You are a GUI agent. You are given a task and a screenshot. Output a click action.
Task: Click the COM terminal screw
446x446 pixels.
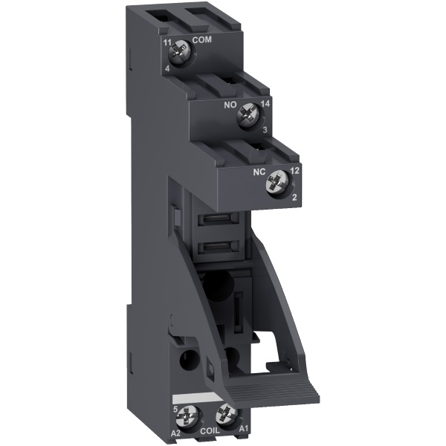click(x=178, y=52)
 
